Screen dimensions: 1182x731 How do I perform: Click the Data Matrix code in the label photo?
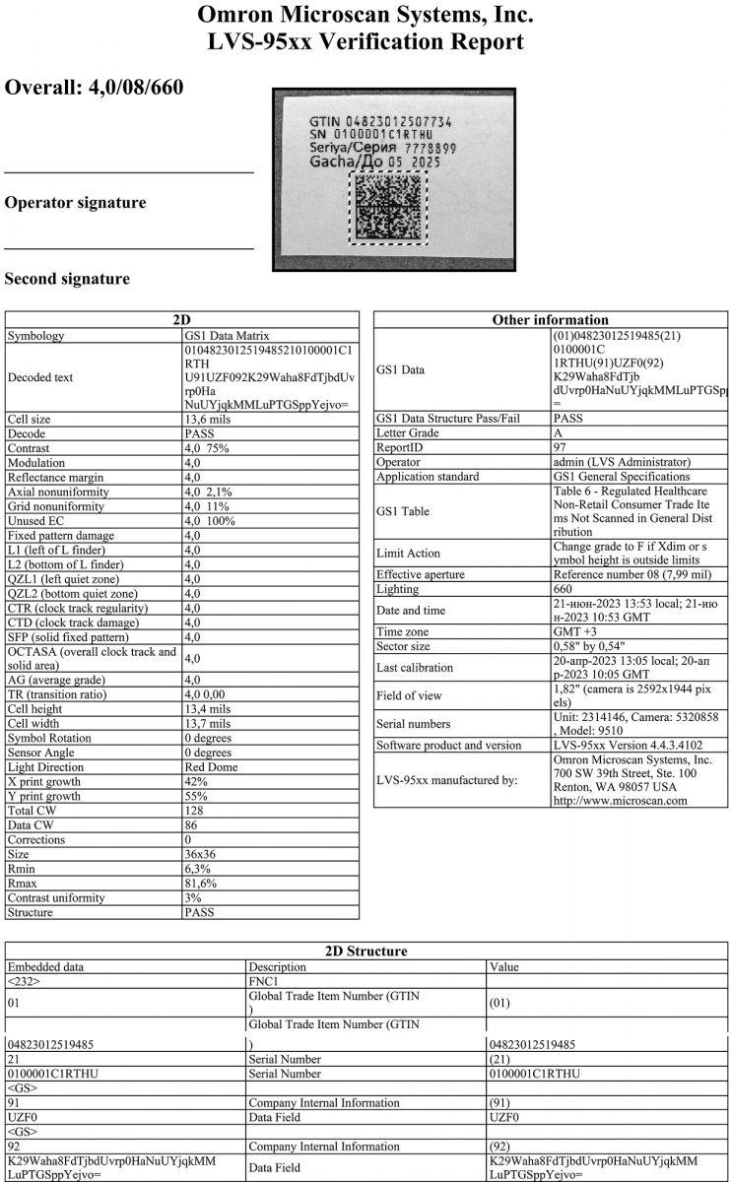[389, 208]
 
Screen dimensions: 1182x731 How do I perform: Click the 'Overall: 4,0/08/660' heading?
[94, 88]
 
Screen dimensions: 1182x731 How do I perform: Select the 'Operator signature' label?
[75, 203]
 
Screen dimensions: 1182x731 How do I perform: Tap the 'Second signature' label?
[67, 279]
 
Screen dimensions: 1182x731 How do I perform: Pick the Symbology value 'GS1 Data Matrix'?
[227, 336]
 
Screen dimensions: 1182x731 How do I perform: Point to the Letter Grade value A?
[559, 431]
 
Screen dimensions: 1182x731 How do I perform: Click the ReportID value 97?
[561, 446]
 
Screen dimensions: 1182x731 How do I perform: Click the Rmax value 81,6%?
[204, 884]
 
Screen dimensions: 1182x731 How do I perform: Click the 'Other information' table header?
[550, 319]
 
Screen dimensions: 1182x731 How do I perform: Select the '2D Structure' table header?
[365, 952]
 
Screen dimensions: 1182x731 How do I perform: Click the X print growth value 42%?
[196, 782]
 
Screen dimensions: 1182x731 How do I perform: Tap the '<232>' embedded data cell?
[24, 982]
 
